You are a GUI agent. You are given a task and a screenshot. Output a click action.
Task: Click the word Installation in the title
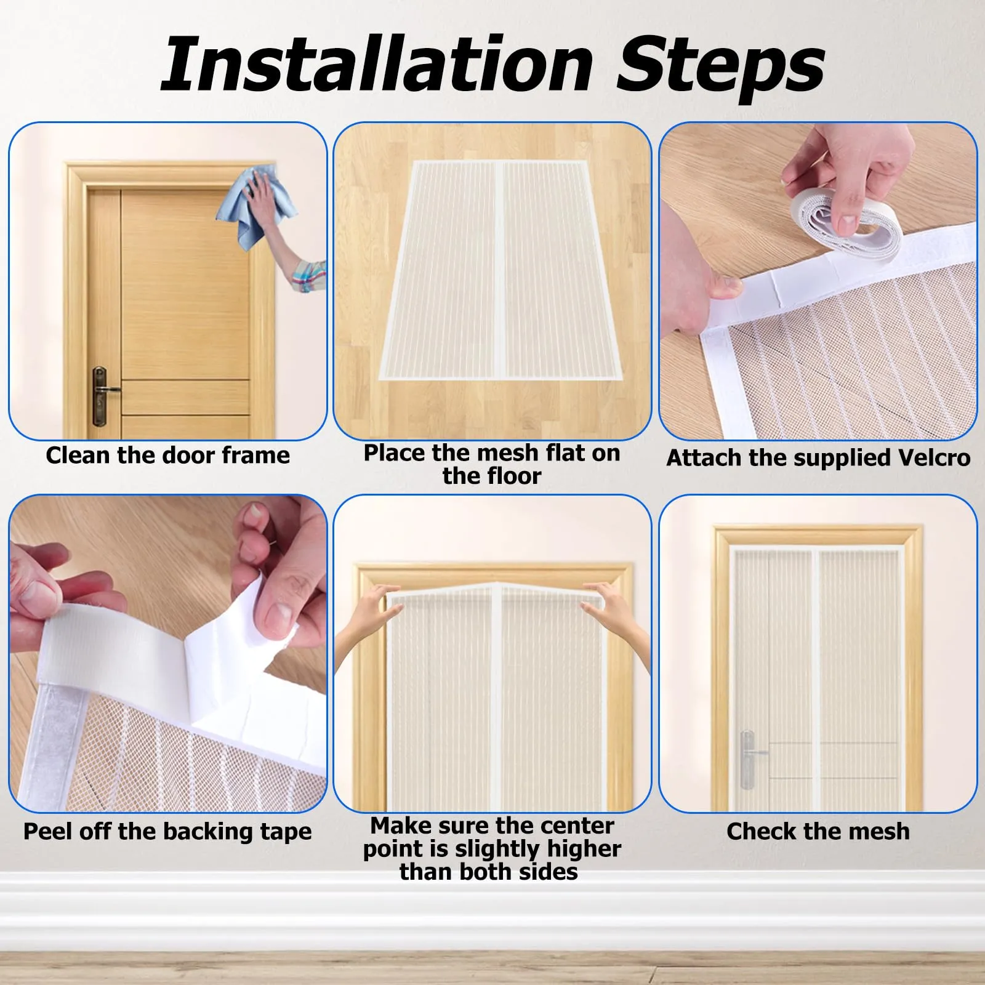[377, 64]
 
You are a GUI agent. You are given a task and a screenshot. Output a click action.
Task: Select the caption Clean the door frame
[167, 456]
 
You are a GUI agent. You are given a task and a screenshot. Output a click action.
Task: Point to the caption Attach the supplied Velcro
[818, 458]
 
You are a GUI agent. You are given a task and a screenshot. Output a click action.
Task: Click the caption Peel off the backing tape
[167, 832]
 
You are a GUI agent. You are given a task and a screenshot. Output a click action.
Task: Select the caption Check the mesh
[818, 831]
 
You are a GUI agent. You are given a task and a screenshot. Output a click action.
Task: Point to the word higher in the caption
[583, 849]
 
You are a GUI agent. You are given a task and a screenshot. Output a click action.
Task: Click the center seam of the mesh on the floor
[499, 271]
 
